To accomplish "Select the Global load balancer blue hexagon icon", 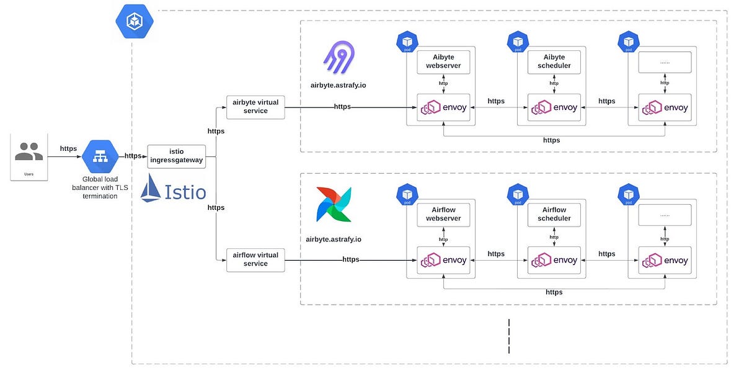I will (100, 156).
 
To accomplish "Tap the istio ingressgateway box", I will (176, 156).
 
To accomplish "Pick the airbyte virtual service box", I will (255, 107).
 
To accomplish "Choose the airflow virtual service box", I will (255, 259).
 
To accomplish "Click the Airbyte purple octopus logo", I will (339, 58).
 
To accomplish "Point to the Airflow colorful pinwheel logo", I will (334, 204).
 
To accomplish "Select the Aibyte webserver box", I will (443, 61).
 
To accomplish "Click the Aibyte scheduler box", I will (554, 61).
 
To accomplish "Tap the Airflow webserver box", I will (443, 214).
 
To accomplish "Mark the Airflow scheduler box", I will (554, 214).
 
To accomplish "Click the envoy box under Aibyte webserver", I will (443, 107).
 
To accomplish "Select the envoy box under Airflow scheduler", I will (554, 259).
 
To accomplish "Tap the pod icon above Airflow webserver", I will (407, 194).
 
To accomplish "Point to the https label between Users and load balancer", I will (68, 149).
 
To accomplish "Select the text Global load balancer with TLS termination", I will (100, 187).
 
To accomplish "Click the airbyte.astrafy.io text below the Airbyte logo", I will (338, 85).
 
